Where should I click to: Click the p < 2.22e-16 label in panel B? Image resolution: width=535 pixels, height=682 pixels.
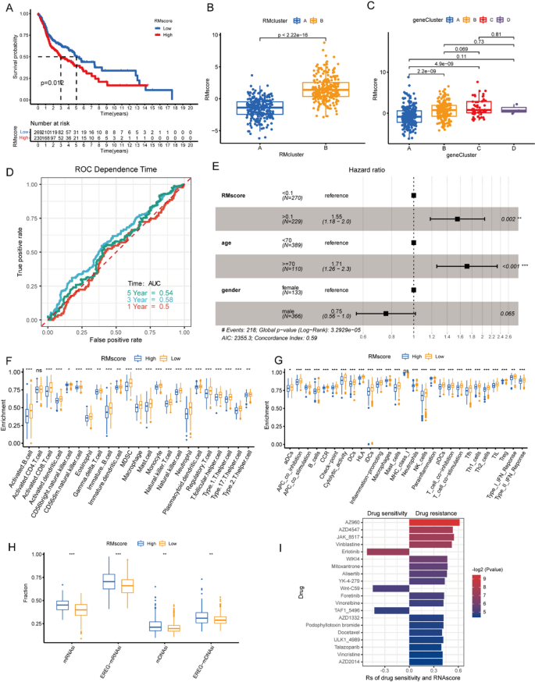(315, 37)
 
